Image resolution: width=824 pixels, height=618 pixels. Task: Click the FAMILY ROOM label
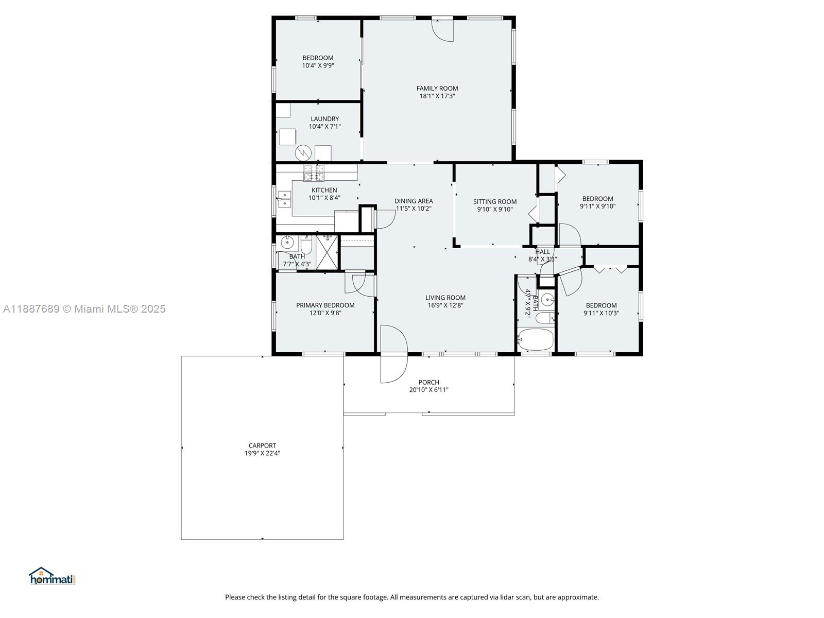click(x=437, y=88)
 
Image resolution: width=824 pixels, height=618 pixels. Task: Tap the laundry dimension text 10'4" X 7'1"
click(x=325, y=127)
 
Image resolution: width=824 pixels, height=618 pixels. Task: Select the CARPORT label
click(x=263, y=445)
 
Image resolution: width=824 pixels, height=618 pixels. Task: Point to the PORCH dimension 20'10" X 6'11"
click(x=428, y=389)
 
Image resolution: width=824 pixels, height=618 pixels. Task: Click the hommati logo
click(x=53, y=576)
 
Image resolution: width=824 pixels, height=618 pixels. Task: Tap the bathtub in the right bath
click(x=536, y=339)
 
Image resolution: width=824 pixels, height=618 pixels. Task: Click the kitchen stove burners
click(x=314, y=173)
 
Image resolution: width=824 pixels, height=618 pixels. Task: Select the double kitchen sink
click(x=285, y=199)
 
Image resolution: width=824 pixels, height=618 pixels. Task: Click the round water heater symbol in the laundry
click(x=303, y=153)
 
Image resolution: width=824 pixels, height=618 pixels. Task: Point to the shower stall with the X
click(x=327, y=252)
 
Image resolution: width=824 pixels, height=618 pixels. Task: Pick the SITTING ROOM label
click(x=495, y=201)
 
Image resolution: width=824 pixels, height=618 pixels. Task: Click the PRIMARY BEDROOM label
click(x=325, y=305)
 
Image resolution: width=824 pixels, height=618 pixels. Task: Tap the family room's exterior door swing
click(x=442, y=30)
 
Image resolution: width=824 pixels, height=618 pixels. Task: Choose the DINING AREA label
click(x=414, y=201)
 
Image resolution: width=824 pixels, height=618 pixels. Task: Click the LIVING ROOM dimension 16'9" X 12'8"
click(x=445, y=305)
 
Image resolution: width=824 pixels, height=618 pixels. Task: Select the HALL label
click(x=542, y=251)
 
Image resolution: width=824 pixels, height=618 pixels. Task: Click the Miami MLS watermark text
click(x=84, y=309)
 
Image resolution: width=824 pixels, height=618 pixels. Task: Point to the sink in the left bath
click(x=287, y=243)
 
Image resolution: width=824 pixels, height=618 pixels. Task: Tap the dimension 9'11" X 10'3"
click(x=601, y=313)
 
